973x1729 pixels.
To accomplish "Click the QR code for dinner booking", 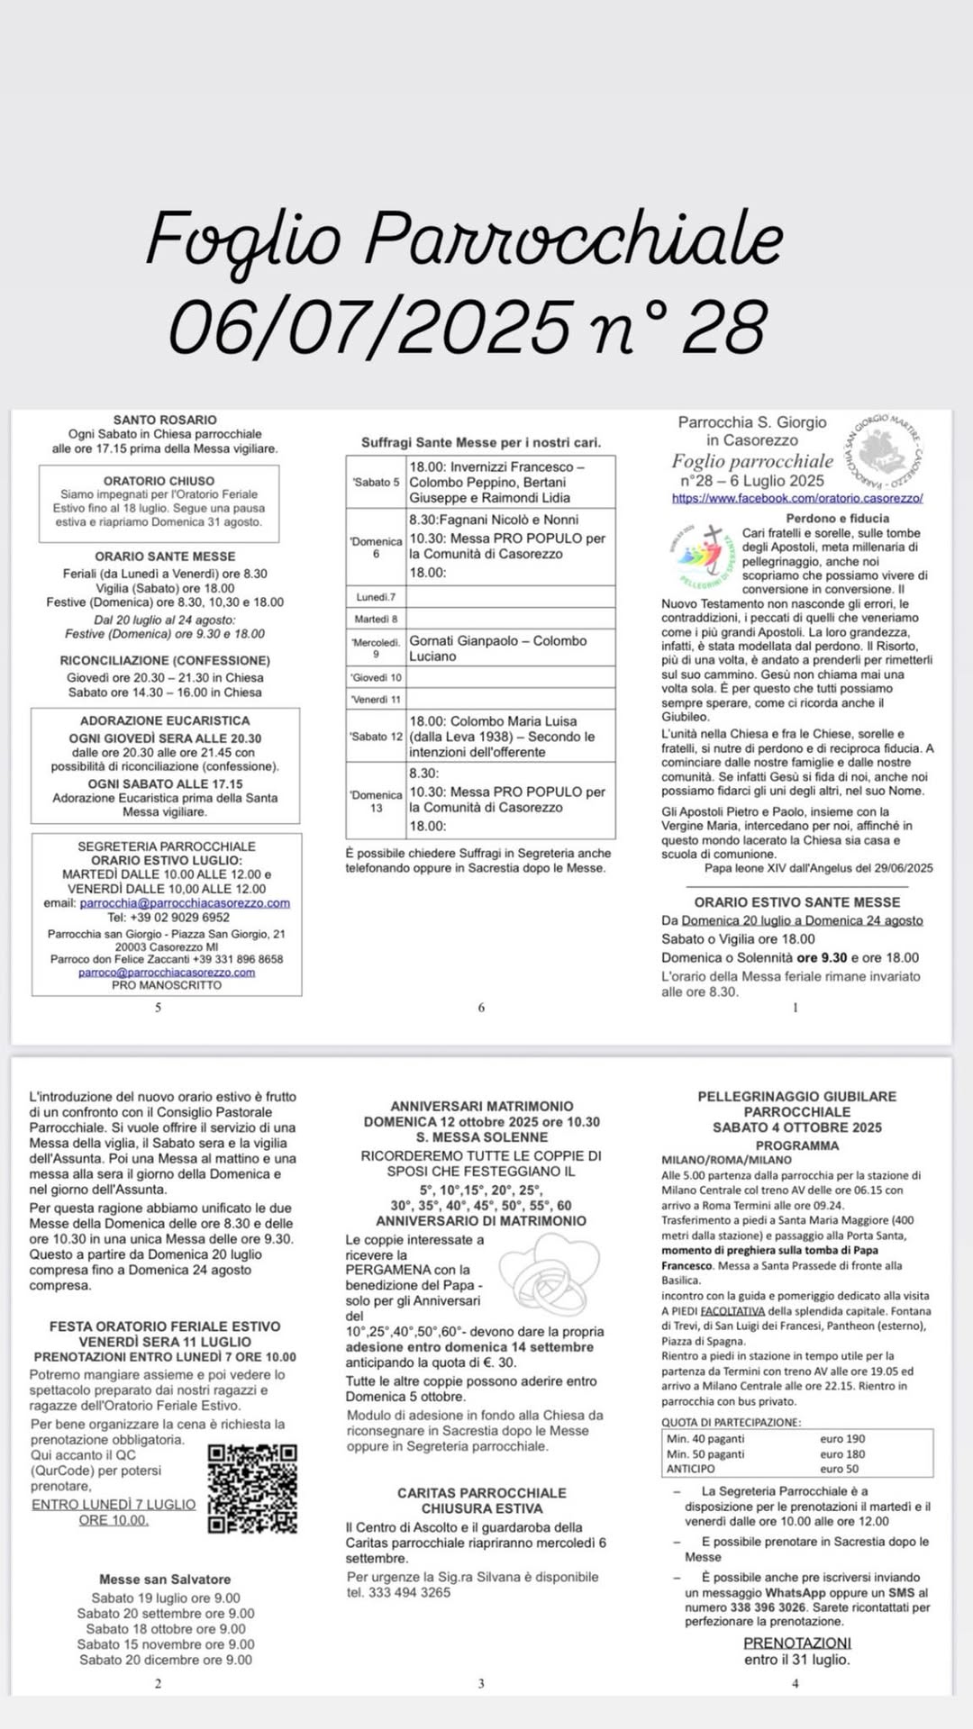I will (x=252, y=1489).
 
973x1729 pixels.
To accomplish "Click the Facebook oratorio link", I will (x=796, y=498).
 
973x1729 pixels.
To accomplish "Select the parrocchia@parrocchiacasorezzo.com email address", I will (x=185, y=902).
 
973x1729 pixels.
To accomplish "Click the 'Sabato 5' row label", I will (x=377, y=482).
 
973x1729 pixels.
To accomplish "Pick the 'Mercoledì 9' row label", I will (x=377, y=647).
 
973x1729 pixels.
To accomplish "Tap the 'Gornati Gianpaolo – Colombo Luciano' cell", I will (x=510, y=647).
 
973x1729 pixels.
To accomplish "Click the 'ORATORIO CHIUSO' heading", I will (x=159, y=481).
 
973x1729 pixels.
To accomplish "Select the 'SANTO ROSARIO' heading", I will (x=165, y=420).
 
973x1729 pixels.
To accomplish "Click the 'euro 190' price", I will (x=841, y=1439).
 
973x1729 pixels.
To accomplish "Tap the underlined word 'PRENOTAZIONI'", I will (x=796, y=1643).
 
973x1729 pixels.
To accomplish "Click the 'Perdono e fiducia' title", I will (x=837, y=518).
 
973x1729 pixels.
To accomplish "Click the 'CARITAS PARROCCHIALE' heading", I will (x=481, y=1493).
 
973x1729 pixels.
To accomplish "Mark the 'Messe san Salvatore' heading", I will (x=165, y=1580).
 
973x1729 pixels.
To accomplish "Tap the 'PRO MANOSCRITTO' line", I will (x=167, y=985).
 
